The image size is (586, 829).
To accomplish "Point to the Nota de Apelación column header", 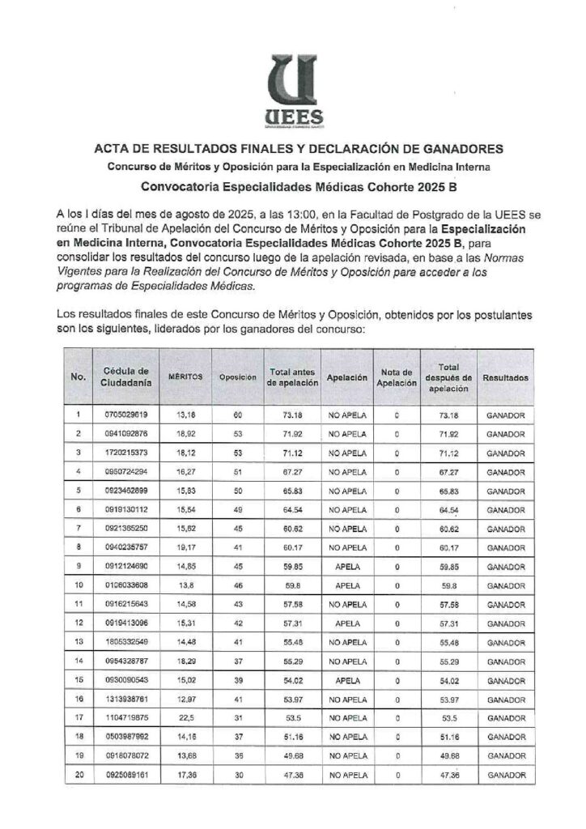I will [397, 376].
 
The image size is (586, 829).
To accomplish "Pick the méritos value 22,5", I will [187, 717].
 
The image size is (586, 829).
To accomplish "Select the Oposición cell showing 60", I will [238, 415].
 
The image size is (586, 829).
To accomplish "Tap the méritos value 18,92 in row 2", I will [187, 434].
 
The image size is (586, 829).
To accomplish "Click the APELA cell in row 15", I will [347, 679].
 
